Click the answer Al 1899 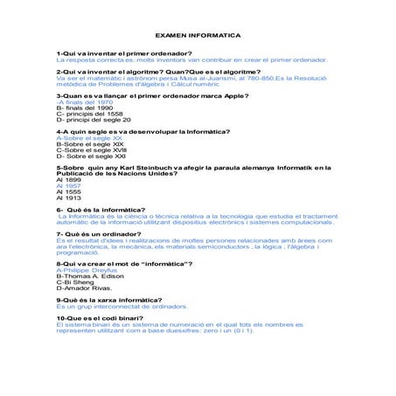click(x=68, y=180)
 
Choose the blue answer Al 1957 click(x=68, y=186)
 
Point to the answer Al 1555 click(x=68, y=192)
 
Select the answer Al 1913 click(x=68, y=198)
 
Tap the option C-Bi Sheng click(x=75, y=283)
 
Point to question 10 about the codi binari click(x=96, y=318)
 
